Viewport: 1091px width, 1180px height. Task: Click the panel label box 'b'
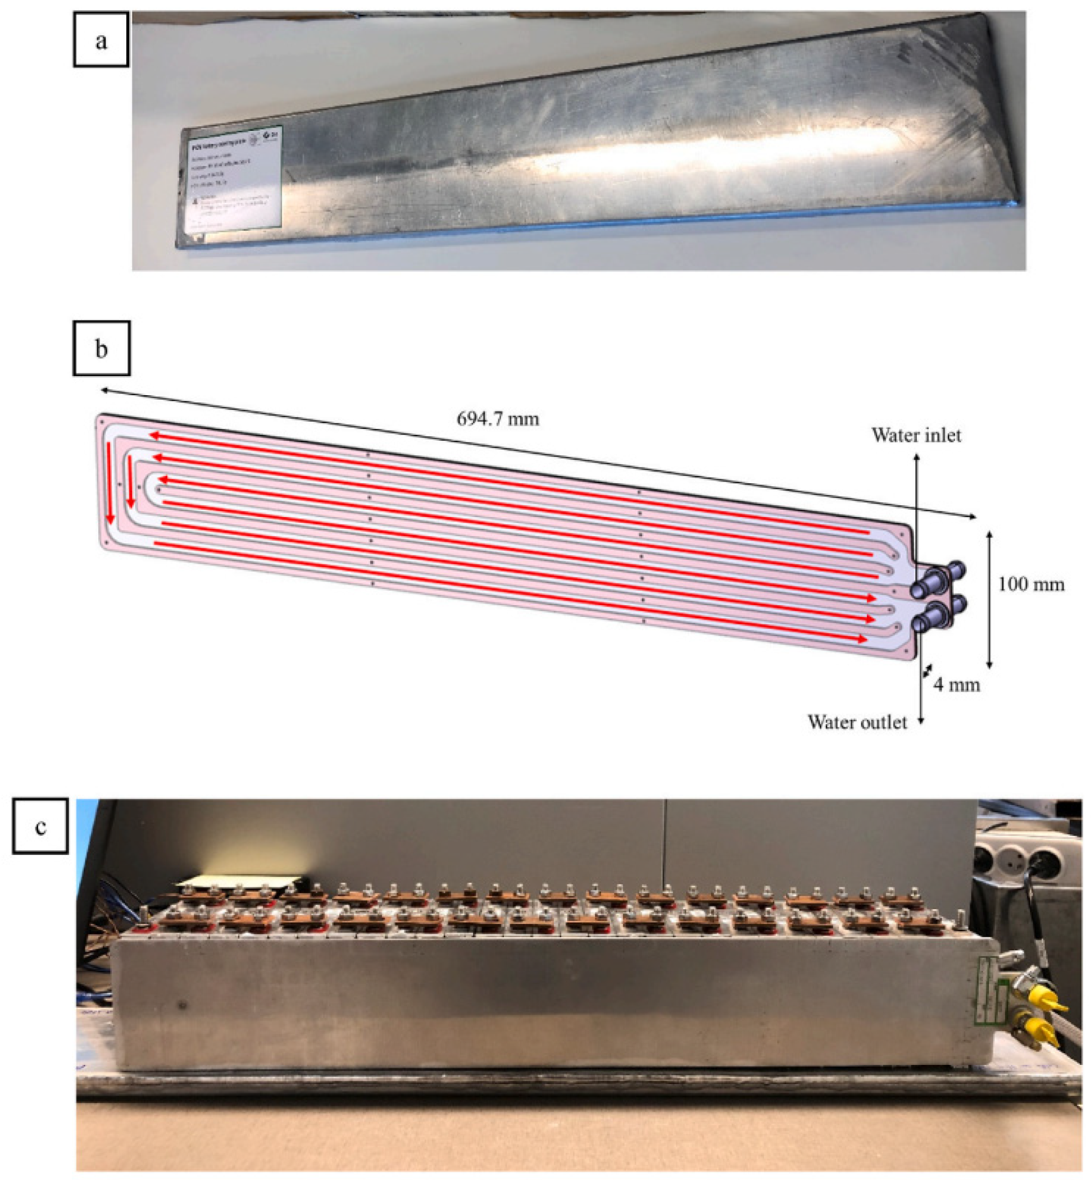click(x=101, y=348)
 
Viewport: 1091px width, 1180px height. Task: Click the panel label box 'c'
click(x=40, y=826)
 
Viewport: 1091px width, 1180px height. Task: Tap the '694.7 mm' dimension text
click(x=498, y=419)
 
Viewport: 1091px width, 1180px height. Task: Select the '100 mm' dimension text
click(x=1031, y=584)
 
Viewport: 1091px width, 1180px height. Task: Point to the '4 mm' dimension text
click(x=956, y=684)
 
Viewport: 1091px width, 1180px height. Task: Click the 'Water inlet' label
click(x=916, y=435)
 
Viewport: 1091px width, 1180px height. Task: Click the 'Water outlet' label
click(x=857, y=721)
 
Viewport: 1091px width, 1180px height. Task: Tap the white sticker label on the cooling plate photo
click(x=231, y=177)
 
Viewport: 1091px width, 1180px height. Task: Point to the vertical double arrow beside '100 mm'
click(x=990, y=599)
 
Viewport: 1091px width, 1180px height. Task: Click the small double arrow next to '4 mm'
click(x=928, y=670)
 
